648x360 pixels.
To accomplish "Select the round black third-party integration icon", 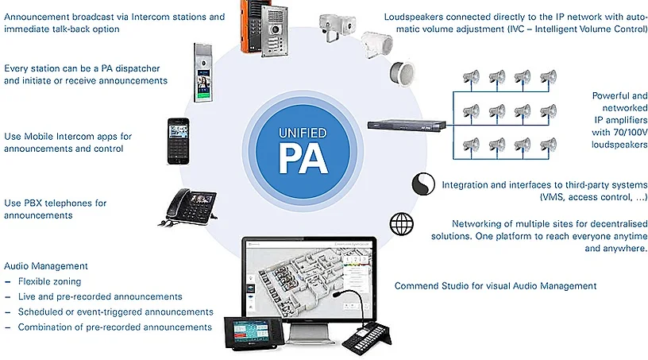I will tap(422, 184).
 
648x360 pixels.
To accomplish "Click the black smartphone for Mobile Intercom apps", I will tap(178, 141).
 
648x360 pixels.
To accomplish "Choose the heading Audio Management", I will tap(46, 266).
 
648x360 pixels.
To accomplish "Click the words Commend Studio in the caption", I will tap(434, 285).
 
